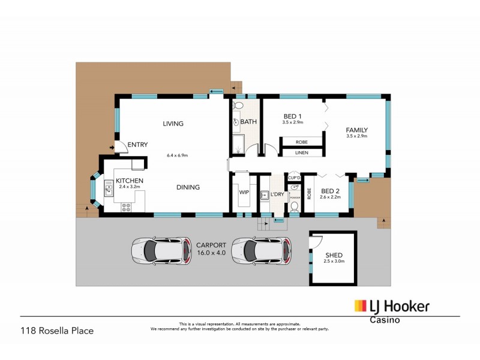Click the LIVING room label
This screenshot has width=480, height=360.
[x=173, y=124]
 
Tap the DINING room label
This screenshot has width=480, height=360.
[x=188, y=187]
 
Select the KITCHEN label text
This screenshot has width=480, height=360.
[x=129, y=181]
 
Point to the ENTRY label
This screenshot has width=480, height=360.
[x=137, y=145]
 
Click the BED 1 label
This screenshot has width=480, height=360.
[x=292, y=116]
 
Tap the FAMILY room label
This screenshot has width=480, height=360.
[x=356, y=130]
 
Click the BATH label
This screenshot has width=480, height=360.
[x=248, y=122]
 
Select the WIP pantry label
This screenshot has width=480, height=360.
[x=244, y=193]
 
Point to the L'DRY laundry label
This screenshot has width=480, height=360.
[x=277, y=194]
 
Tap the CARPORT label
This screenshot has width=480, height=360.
[x=211, y=245]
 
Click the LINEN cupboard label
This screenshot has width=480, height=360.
[x=302, y=153]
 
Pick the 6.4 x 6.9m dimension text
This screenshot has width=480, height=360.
[x=178, y=155]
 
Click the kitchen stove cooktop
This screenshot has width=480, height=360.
[x=127, y=208]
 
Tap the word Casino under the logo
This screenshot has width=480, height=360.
[x=384, y=320]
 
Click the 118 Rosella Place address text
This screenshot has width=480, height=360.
[x=58, y=330]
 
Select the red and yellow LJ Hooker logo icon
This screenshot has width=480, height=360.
[x=360, y=306]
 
